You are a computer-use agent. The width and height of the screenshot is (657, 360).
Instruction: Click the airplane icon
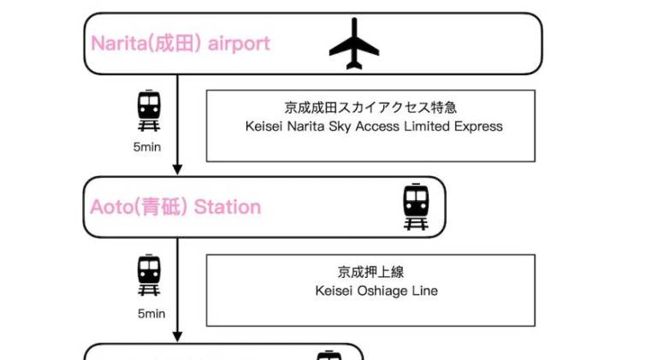click(354, 44)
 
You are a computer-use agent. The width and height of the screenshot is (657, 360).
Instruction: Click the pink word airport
click(240, 43)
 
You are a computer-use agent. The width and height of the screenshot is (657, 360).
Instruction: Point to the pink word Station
click(228, 207)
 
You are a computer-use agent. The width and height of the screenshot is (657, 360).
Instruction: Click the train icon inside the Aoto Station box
click(416, 206)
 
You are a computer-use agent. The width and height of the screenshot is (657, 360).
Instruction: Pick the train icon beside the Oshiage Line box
click(149, 275)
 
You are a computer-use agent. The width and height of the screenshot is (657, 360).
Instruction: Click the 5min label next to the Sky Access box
click(147, 147)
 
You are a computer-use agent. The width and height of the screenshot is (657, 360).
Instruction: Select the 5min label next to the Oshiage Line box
click(151, 313)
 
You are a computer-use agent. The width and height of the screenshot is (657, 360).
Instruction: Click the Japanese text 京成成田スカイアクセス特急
click(370, 108)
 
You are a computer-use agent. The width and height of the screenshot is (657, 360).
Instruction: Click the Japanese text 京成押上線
click(370, 272)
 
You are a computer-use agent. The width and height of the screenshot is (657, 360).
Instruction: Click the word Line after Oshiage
click(424, 291)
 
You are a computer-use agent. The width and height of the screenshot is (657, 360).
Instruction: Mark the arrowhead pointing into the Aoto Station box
click(178, 169)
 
